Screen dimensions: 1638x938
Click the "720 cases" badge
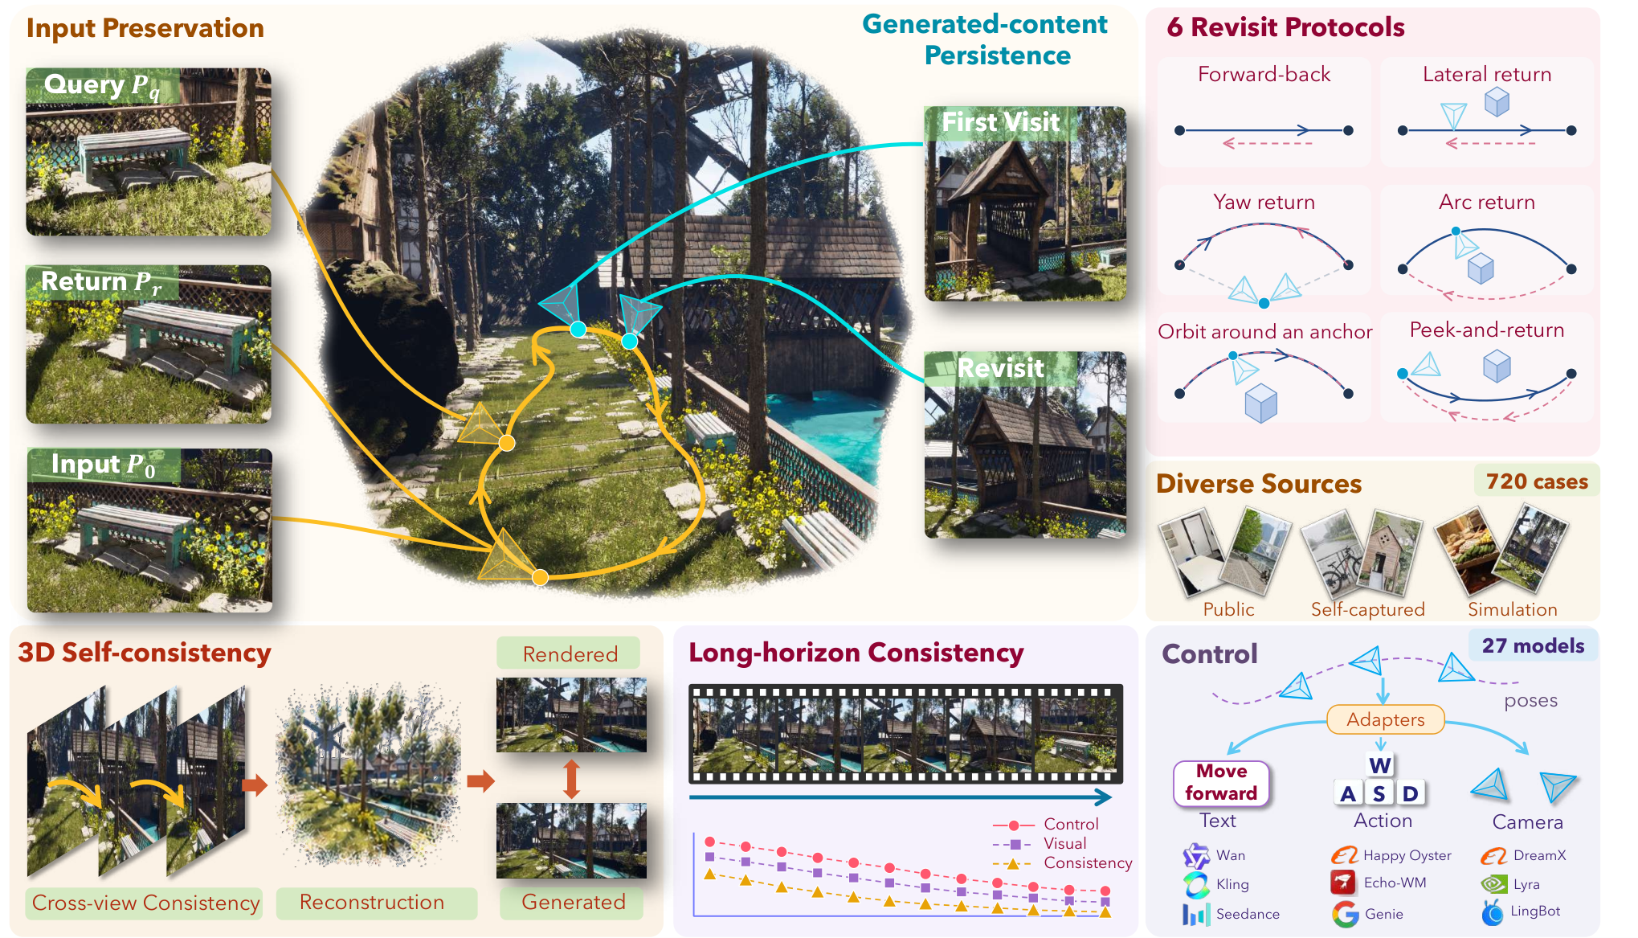coord(1536,481)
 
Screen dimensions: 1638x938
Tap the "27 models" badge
coord(1533,645)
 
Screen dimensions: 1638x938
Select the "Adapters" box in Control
coord(1385,719)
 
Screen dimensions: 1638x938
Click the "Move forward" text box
coord(1221,783)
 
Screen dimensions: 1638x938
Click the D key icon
coord(1410,793)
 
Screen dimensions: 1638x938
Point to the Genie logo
coord(1345,914)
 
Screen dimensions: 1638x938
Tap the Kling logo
coord(1196,884)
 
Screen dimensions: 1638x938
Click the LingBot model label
coord(1535,911)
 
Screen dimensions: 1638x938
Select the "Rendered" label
coord(570,653)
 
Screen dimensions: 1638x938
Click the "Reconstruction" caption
coord(372,903)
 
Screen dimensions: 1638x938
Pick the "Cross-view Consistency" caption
coord(145,903)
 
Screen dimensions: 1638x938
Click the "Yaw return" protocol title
coord(1264,202)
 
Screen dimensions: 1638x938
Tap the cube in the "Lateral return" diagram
coord(1497,102)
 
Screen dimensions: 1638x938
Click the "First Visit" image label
coord(1000,122)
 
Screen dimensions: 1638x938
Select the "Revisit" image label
coord(1000,368)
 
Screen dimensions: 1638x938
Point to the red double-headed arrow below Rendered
coord(571,778)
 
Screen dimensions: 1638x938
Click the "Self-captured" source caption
coord(1367,609)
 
